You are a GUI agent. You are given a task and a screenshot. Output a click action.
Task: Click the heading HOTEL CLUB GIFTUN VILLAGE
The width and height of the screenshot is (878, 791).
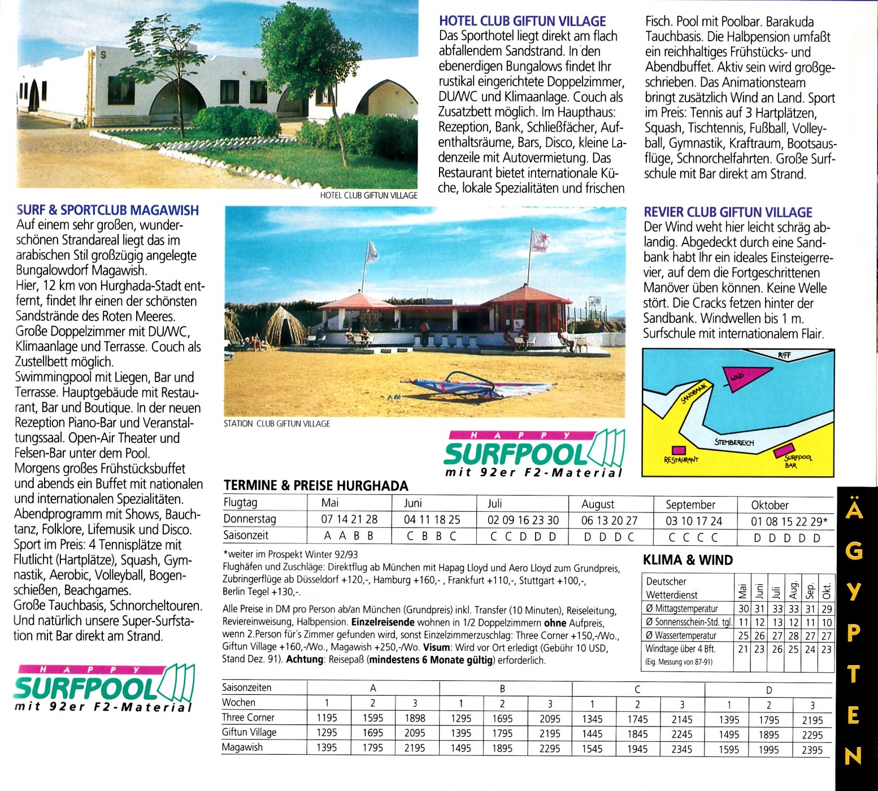522,21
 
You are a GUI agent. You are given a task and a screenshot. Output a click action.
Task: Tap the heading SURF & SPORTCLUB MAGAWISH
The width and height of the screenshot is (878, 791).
107,210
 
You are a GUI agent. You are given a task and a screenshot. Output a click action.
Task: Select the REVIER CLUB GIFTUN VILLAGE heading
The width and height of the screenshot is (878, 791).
728,212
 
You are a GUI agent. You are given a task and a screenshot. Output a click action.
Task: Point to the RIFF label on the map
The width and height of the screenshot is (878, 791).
784,355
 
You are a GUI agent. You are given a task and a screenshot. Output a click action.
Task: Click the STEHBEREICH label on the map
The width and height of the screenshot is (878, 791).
734,442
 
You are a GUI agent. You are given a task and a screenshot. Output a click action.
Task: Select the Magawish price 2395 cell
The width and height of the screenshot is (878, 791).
812,750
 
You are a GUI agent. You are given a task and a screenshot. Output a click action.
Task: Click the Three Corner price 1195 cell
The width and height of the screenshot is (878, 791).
327,718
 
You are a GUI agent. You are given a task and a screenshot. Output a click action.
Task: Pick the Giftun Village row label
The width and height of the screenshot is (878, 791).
249,732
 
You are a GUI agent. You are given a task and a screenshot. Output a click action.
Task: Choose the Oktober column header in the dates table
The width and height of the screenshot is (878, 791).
770,505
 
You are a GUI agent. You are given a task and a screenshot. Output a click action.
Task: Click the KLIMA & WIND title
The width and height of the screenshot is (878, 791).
688,560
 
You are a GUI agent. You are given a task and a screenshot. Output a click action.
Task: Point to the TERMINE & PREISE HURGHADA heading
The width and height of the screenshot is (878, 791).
316,485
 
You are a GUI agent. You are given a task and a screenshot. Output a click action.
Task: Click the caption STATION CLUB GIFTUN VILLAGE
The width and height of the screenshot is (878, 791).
277,424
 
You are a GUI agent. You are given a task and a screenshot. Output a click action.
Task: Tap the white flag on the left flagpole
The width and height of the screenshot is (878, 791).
371,252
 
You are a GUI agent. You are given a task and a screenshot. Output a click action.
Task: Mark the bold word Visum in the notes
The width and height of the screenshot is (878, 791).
436,647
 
